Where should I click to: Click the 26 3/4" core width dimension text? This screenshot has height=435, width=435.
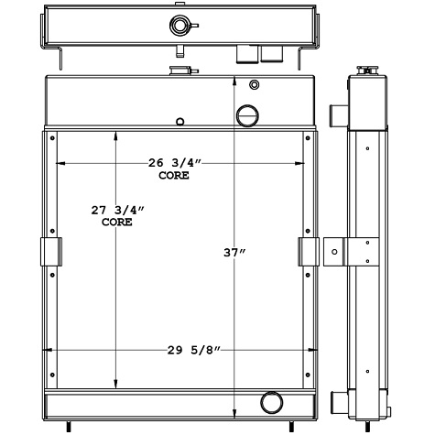(x=174, y=163)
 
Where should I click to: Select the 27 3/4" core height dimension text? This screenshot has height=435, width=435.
(x=116, y=210)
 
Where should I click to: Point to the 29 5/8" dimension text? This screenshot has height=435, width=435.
(x=194, y=349)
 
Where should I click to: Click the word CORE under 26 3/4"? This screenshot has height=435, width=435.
(x=174, y=175)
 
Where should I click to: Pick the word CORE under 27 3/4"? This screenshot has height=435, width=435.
(x=116, y=222)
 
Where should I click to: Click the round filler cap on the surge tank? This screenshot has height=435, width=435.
(x=176, y=25)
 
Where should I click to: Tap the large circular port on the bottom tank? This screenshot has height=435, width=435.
(x=272, y=402)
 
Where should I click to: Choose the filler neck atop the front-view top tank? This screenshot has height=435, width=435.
(x=178, y=70)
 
